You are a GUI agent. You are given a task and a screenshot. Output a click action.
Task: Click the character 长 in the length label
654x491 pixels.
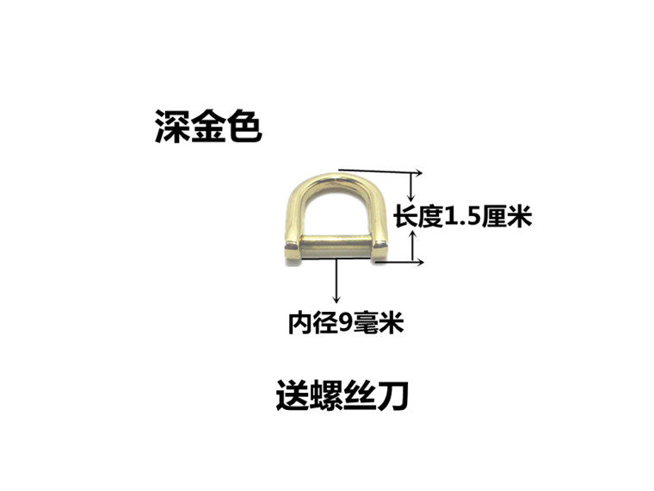405,217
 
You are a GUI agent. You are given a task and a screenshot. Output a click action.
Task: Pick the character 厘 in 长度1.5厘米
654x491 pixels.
497,217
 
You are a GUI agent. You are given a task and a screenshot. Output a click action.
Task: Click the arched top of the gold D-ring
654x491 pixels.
336,177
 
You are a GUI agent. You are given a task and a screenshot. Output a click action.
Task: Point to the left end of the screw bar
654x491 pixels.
289,249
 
